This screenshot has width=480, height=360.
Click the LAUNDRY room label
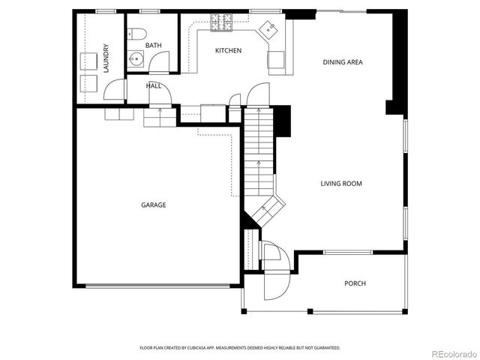[106, 58]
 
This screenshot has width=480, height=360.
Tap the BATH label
[153, 46]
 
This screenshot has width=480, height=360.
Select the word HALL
[153, 85]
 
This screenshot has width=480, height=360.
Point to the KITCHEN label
[228, 50]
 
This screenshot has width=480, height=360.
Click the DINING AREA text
[343, 62]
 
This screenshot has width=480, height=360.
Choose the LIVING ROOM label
[341, 184]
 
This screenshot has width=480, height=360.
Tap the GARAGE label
[153, 205]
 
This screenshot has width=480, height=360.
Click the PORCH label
[355, 283]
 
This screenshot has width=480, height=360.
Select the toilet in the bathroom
[136, 33]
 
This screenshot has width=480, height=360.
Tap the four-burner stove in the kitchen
[221, 22]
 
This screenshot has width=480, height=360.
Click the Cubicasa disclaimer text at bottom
[240, 348]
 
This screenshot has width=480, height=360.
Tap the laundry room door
[114, 91]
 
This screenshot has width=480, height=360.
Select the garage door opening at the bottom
[159, 286]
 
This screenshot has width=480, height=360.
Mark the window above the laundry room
[106, 10]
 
